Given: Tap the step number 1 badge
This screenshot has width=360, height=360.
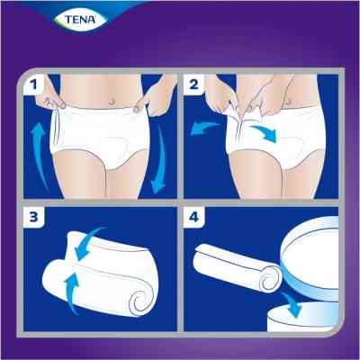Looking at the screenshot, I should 33,86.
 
